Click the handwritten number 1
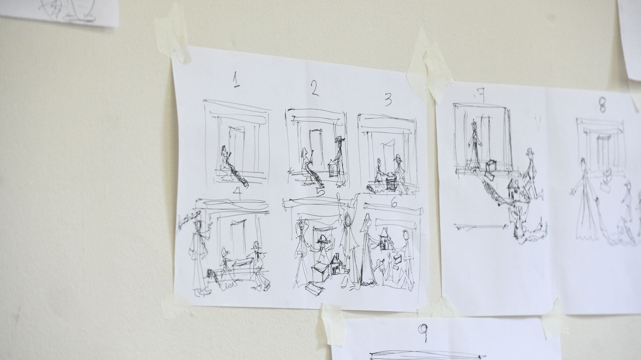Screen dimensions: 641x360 tap(236, 80)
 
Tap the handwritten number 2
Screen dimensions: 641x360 tap(314, 88)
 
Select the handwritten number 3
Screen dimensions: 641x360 tap(388, 100)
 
